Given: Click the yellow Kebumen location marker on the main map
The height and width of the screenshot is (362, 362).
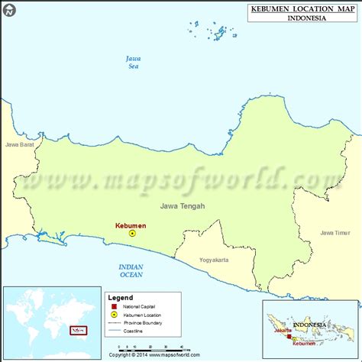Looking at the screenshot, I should click(131, 234).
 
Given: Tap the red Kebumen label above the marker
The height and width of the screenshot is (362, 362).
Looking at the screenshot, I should click(130, 225).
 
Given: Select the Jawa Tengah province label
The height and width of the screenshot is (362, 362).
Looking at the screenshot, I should click(182, 205).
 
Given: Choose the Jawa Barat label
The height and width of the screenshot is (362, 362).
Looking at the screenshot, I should click(20, 144).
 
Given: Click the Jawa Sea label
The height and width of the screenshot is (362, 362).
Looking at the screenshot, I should click(134, 63).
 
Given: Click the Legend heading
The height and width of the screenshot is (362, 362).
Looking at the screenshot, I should click(119, 298).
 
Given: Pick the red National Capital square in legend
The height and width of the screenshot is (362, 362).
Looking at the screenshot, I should click(115, 305).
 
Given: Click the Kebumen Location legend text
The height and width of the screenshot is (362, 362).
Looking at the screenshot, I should click(142, 314).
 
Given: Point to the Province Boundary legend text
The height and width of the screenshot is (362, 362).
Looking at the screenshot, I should click(143, 322).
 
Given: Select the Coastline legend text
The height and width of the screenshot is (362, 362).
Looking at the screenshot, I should click(135, 331).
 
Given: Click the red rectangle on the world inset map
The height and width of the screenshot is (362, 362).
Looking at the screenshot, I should click(77, 331).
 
